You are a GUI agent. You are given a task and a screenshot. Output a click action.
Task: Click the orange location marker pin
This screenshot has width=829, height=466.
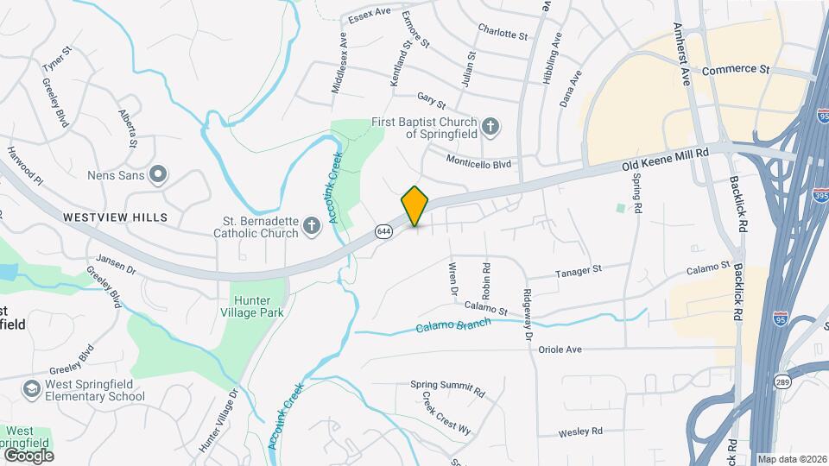[x=415, y=205]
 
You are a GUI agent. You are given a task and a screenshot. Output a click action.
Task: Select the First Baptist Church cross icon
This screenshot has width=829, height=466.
[x=490, y=128]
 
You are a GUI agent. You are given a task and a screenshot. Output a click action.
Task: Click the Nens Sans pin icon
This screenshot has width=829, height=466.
[x=158, y=175]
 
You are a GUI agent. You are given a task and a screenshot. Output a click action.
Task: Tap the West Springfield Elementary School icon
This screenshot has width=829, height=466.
[x=32, y=389]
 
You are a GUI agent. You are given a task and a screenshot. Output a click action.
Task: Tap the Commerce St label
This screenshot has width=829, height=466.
[x=735, y=69]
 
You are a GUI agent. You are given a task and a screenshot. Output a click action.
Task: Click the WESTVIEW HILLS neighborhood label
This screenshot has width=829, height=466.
[x=116, y=217]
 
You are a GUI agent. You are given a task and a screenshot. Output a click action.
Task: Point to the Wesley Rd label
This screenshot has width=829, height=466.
[x=579, y=431]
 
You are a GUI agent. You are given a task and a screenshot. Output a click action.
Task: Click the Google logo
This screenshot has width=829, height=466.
[x=28, y=455]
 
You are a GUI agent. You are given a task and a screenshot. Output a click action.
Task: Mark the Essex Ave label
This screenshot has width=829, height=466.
[x=370, y=16]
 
